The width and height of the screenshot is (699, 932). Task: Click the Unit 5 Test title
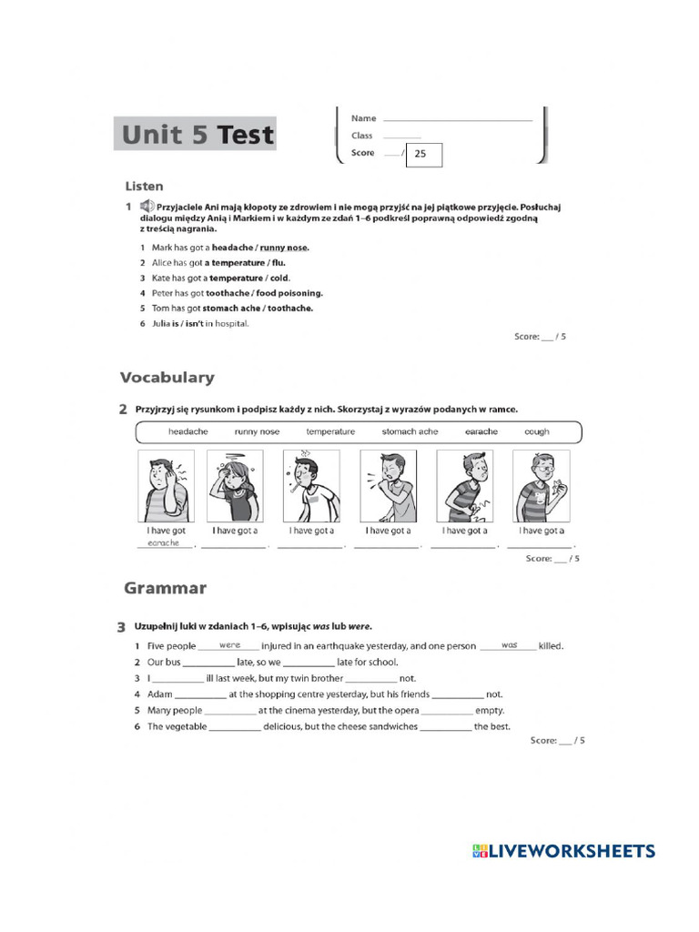(x=197, y=135)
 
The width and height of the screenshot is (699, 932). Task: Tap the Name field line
(x=457, y=119)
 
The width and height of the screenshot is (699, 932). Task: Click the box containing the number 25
(x=423, y=154)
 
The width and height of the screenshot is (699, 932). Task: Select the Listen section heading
(x=144, y=186)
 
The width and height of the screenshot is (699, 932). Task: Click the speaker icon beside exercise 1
(x=147, y=208)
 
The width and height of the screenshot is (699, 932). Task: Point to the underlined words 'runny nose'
(x=284, y=248)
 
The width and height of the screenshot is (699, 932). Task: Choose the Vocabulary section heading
(x=167, y=377)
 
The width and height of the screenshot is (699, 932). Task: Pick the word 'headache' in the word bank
(x=187, y=431)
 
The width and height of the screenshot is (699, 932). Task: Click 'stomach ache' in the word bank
(x=410, y=431)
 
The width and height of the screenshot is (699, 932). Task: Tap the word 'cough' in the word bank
(x=536, y=431)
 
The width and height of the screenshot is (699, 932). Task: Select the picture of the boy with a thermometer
(x=311, y=486)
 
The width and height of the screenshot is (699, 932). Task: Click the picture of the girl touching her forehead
(x=235, y=486)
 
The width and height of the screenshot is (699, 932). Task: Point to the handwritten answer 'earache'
(x=164, y=543)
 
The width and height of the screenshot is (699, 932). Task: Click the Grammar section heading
(x=165, y=588)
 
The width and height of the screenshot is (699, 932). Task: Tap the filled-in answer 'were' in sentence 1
(x=229, y=644)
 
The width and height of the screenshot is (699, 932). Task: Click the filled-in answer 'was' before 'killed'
(x=508, y=644)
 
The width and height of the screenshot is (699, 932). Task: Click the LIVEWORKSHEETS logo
(x=563, y=851)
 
